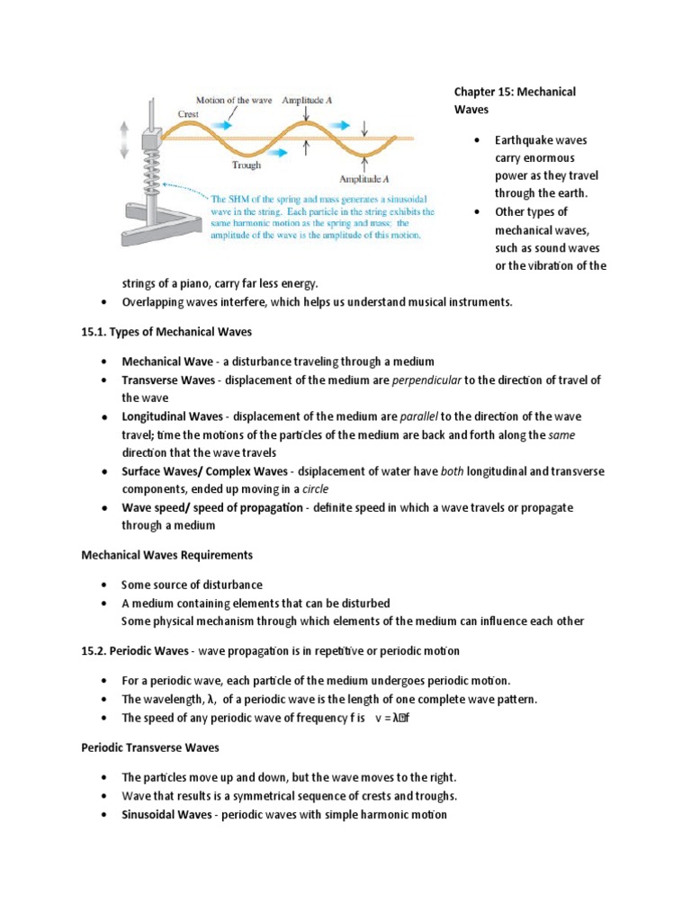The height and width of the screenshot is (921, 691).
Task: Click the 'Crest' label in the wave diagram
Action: click(x=188, y=115)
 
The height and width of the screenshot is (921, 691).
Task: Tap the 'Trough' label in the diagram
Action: click(x=247, y=165)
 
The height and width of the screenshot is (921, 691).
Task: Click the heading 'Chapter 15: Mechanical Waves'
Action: click(x=515, y=100)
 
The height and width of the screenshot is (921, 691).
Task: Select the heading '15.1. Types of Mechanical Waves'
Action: click(x=166, y=332)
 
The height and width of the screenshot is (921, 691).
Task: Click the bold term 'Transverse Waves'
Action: click(x=169, y=380)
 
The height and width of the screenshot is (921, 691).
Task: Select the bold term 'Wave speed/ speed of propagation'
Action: click(x=212, y=508)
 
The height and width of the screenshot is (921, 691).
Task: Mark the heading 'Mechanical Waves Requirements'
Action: click(x=167, y=555)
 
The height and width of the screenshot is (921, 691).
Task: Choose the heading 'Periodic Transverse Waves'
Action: click(x=151, y=747)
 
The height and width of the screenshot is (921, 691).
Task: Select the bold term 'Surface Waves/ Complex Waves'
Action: click(x=203, y=471)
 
